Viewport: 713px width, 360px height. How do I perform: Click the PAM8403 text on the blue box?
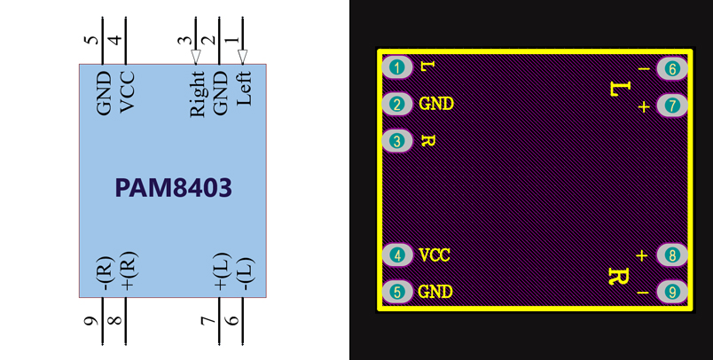tap(174, 188)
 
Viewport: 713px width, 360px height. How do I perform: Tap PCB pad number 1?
tap(398, 67)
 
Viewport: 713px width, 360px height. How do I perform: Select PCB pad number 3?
tap(398, 141)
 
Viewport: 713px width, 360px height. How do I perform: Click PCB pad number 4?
tap(398, 255)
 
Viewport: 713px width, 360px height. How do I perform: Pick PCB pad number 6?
tap(672, 68)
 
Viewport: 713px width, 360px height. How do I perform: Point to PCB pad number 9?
tap(672, 291)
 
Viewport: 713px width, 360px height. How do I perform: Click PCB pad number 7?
tap(672, 105)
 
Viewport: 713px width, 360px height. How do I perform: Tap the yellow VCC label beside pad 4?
tap(435, 255)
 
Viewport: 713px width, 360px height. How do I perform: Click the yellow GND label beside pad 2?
tap(436, 105)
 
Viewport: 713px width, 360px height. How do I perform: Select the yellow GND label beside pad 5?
tap(436, 291)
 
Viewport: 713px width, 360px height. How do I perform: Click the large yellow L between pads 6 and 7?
tap(619, 89)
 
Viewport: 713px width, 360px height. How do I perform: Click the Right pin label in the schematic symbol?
tap(197, 94)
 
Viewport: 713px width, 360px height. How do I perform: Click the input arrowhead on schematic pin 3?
tap(197, 57)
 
